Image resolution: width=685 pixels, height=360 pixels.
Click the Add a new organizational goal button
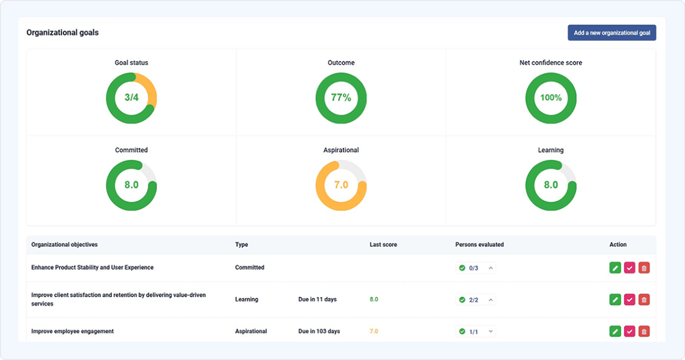[612, 33]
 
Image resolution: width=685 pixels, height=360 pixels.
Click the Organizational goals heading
[62, 33]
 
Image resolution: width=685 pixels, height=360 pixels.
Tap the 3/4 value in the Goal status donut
[132, 97]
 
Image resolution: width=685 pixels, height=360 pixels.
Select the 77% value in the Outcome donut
[341, 97]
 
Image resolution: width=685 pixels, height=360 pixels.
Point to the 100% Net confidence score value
[550, 97]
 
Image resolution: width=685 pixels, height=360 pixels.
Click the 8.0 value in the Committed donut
[132, 185]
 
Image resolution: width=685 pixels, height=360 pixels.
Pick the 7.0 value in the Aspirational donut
[341, 185]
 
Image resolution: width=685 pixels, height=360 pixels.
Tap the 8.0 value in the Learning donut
[550, 185]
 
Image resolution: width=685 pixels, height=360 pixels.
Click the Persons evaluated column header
[479, 245]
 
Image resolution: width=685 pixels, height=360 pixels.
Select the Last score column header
[383, 245]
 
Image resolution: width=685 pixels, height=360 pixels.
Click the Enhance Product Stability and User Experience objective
[92, 268]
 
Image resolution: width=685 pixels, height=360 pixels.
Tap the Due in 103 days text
[319, 331]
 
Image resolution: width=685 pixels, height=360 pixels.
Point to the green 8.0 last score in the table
[374, 299]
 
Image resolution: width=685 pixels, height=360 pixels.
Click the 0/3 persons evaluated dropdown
[476, 268]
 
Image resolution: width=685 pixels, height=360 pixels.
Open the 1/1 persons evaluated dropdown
[476, 331]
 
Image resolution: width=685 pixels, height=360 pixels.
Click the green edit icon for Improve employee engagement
[615, 331]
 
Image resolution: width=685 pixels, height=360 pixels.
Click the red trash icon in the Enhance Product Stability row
[644, 268]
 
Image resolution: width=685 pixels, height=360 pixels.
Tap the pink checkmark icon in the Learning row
[629, 299]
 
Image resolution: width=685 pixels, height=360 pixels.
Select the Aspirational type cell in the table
[251, 331]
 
